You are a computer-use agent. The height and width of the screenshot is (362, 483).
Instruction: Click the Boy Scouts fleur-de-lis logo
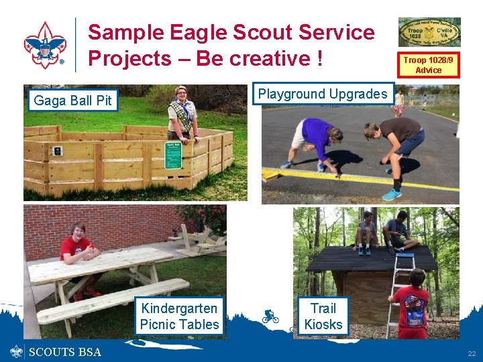point(45,44)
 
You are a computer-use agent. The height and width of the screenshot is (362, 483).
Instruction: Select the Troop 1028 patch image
point(429,32)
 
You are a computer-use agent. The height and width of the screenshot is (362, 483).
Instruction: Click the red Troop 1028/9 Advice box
point(429,65)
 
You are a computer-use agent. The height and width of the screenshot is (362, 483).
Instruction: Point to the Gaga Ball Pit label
point(72,101)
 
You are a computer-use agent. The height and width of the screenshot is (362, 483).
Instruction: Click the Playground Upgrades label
point(323,94)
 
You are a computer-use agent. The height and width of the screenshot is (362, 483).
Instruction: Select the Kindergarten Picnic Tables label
point(179,316)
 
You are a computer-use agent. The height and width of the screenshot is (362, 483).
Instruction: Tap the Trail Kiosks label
point(323,316)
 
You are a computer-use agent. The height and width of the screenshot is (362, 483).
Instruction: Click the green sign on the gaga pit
point(173,155)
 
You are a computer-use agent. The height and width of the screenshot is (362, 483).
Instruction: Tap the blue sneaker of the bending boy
point(392,194)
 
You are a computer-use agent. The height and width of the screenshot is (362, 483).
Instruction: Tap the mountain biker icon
point(270,316)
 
